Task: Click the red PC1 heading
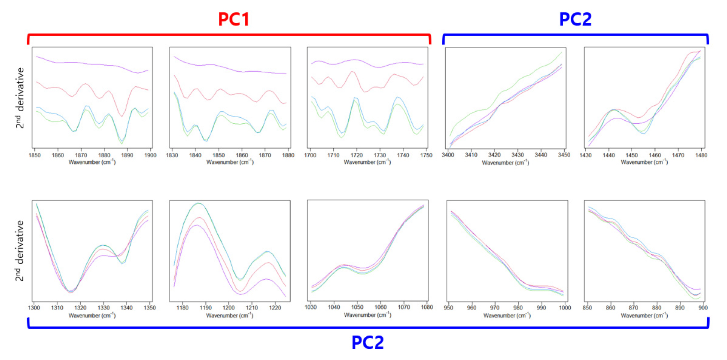tap(234, 19)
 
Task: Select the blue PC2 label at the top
tap(575, 19)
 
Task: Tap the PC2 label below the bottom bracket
tap(368, 342)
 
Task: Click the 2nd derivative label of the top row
tap(19, 98)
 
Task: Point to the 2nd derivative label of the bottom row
tap(19, 251)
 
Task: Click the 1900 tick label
tap(150, 155)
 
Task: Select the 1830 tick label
tap(172, 155)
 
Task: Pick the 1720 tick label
tap(356, 155)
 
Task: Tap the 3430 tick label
tap(517, 155)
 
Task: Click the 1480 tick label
tap(701, 155)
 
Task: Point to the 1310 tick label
tap(57, 308)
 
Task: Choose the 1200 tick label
tap(228, 308)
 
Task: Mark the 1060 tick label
tap(380, 307)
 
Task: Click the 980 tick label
tap(518, 308)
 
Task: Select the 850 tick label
tap(587, 308)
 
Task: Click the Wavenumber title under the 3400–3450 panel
tap(505, 163)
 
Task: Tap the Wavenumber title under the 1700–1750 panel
tap(367, 162)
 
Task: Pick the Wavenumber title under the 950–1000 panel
tap(507, 315)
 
